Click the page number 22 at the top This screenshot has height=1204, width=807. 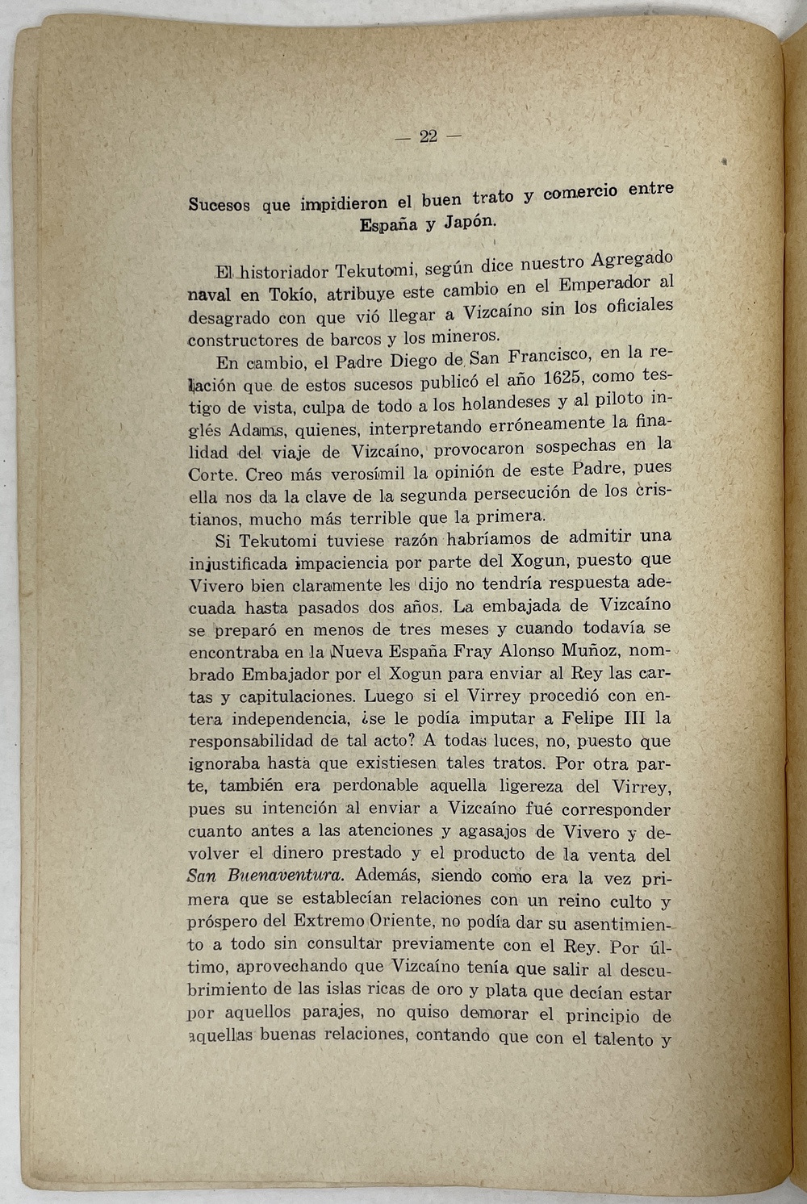428,136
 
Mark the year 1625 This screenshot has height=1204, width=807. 567,378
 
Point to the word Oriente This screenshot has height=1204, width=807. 404,920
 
